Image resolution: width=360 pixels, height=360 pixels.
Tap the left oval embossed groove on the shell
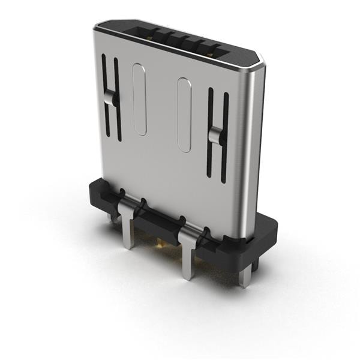point(139,99)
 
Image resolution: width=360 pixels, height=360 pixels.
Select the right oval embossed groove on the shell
point(184,114)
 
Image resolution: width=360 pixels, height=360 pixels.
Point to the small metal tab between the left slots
point(109,98)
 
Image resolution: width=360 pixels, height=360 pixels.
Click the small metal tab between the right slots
point(215,137)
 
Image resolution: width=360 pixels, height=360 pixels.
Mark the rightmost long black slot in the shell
point(225,138)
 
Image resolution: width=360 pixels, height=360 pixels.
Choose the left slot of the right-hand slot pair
point(210,132)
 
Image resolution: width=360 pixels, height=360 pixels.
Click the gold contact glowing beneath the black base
point(160,243)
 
